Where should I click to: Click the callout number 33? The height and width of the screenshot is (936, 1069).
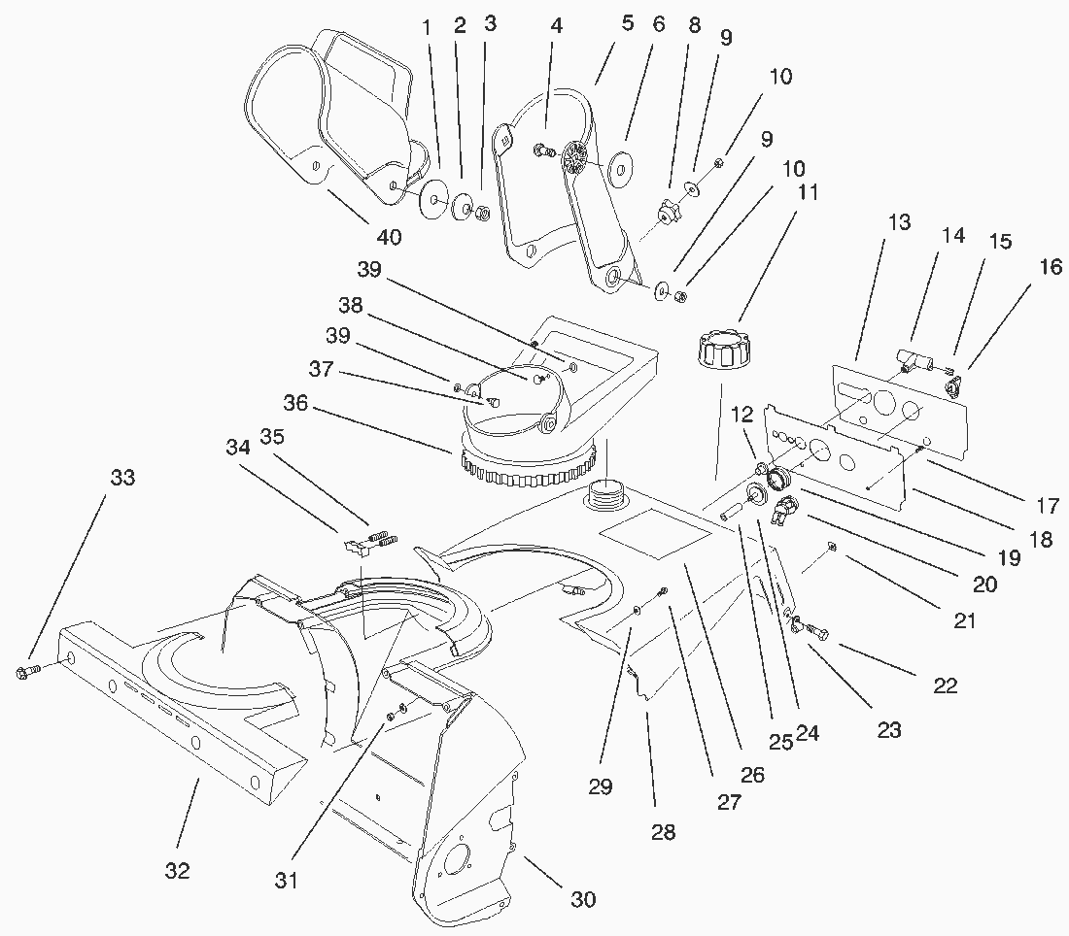tap(122, 478)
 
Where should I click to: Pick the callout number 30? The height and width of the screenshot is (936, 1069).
tap(583, 899)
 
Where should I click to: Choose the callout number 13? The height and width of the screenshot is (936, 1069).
tap(899, 222)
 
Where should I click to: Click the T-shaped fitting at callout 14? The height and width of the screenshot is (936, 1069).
tap(911, 359)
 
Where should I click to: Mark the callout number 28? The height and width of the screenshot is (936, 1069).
tap(664, 831)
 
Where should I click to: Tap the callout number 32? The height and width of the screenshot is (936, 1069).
tap(177, 871)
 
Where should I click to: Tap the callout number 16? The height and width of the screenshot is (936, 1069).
tap(1051, 267)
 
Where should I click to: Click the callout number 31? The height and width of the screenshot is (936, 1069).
tap(286, 881)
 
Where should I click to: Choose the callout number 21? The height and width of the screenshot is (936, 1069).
tap(964, 620)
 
